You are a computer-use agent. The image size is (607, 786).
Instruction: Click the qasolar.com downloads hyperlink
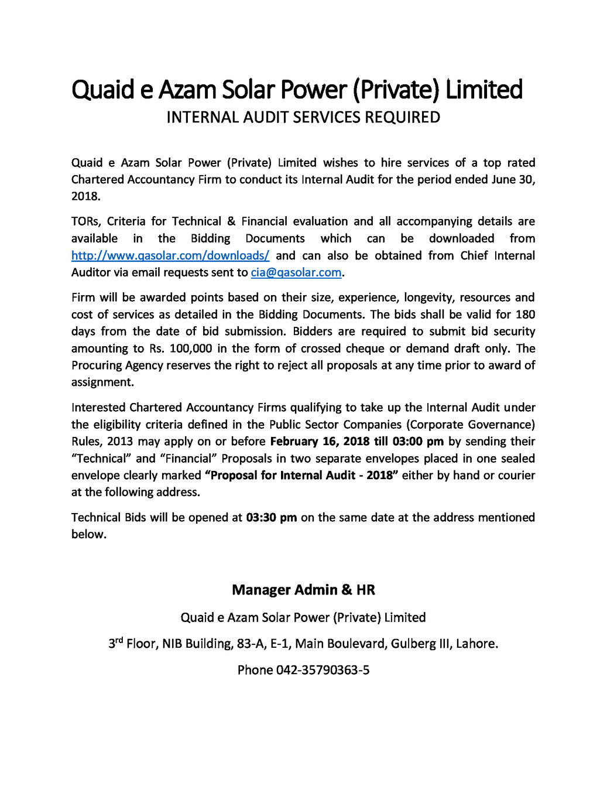170,255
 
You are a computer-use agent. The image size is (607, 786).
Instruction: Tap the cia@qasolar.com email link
296,272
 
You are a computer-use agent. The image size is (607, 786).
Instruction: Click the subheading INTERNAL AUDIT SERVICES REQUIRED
303,117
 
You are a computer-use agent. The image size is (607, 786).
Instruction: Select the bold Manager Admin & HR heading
303,590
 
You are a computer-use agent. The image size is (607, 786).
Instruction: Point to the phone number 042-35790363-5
323,670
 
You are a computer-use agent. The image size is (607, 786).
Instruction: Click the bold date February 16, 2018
320,441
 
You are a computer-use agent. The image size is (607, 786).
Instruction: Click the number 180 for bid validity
525,315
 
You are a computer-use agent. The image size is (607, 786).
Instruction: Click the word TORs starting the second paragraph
86,221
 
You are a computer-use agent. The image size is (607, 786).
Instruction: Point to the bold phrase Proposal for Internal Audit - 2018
301,475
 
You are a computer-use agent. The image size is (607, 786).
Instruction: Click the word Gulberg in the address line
414,644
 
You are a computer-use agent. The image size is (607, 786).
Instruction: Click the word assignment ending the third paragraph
102,382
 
